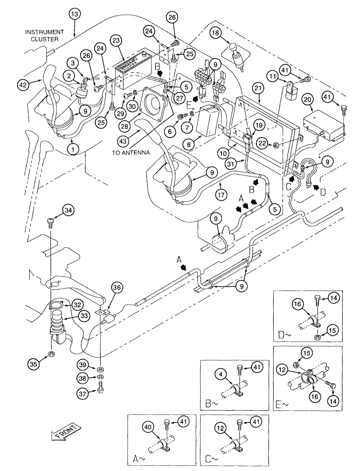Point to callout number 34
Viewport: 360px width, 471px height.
point(56,210)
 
